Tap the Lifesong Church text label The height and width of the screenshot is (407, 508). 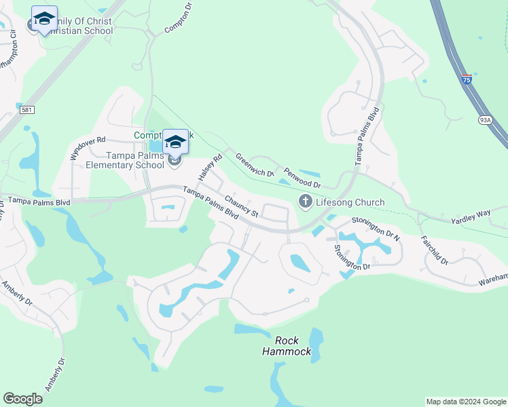click(x=350, y=202)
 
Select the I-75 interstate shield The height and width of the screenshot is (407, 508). click(x=467, y=79)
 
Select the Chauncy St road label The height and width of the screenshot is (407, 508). click(x=242, y=207)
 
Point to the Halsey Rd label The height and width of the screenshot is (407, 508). click(x=210, y=168)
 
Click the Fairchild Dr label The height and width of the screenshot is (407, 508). click(x=435, y=250)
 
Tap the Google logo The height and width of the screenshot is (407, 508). click(x=22, y=399)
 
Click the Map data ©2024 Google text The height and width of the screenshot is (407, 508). click(x=466, y=402)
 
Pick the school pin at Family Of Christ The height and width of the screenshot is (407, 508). click(x=44, y=19)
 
